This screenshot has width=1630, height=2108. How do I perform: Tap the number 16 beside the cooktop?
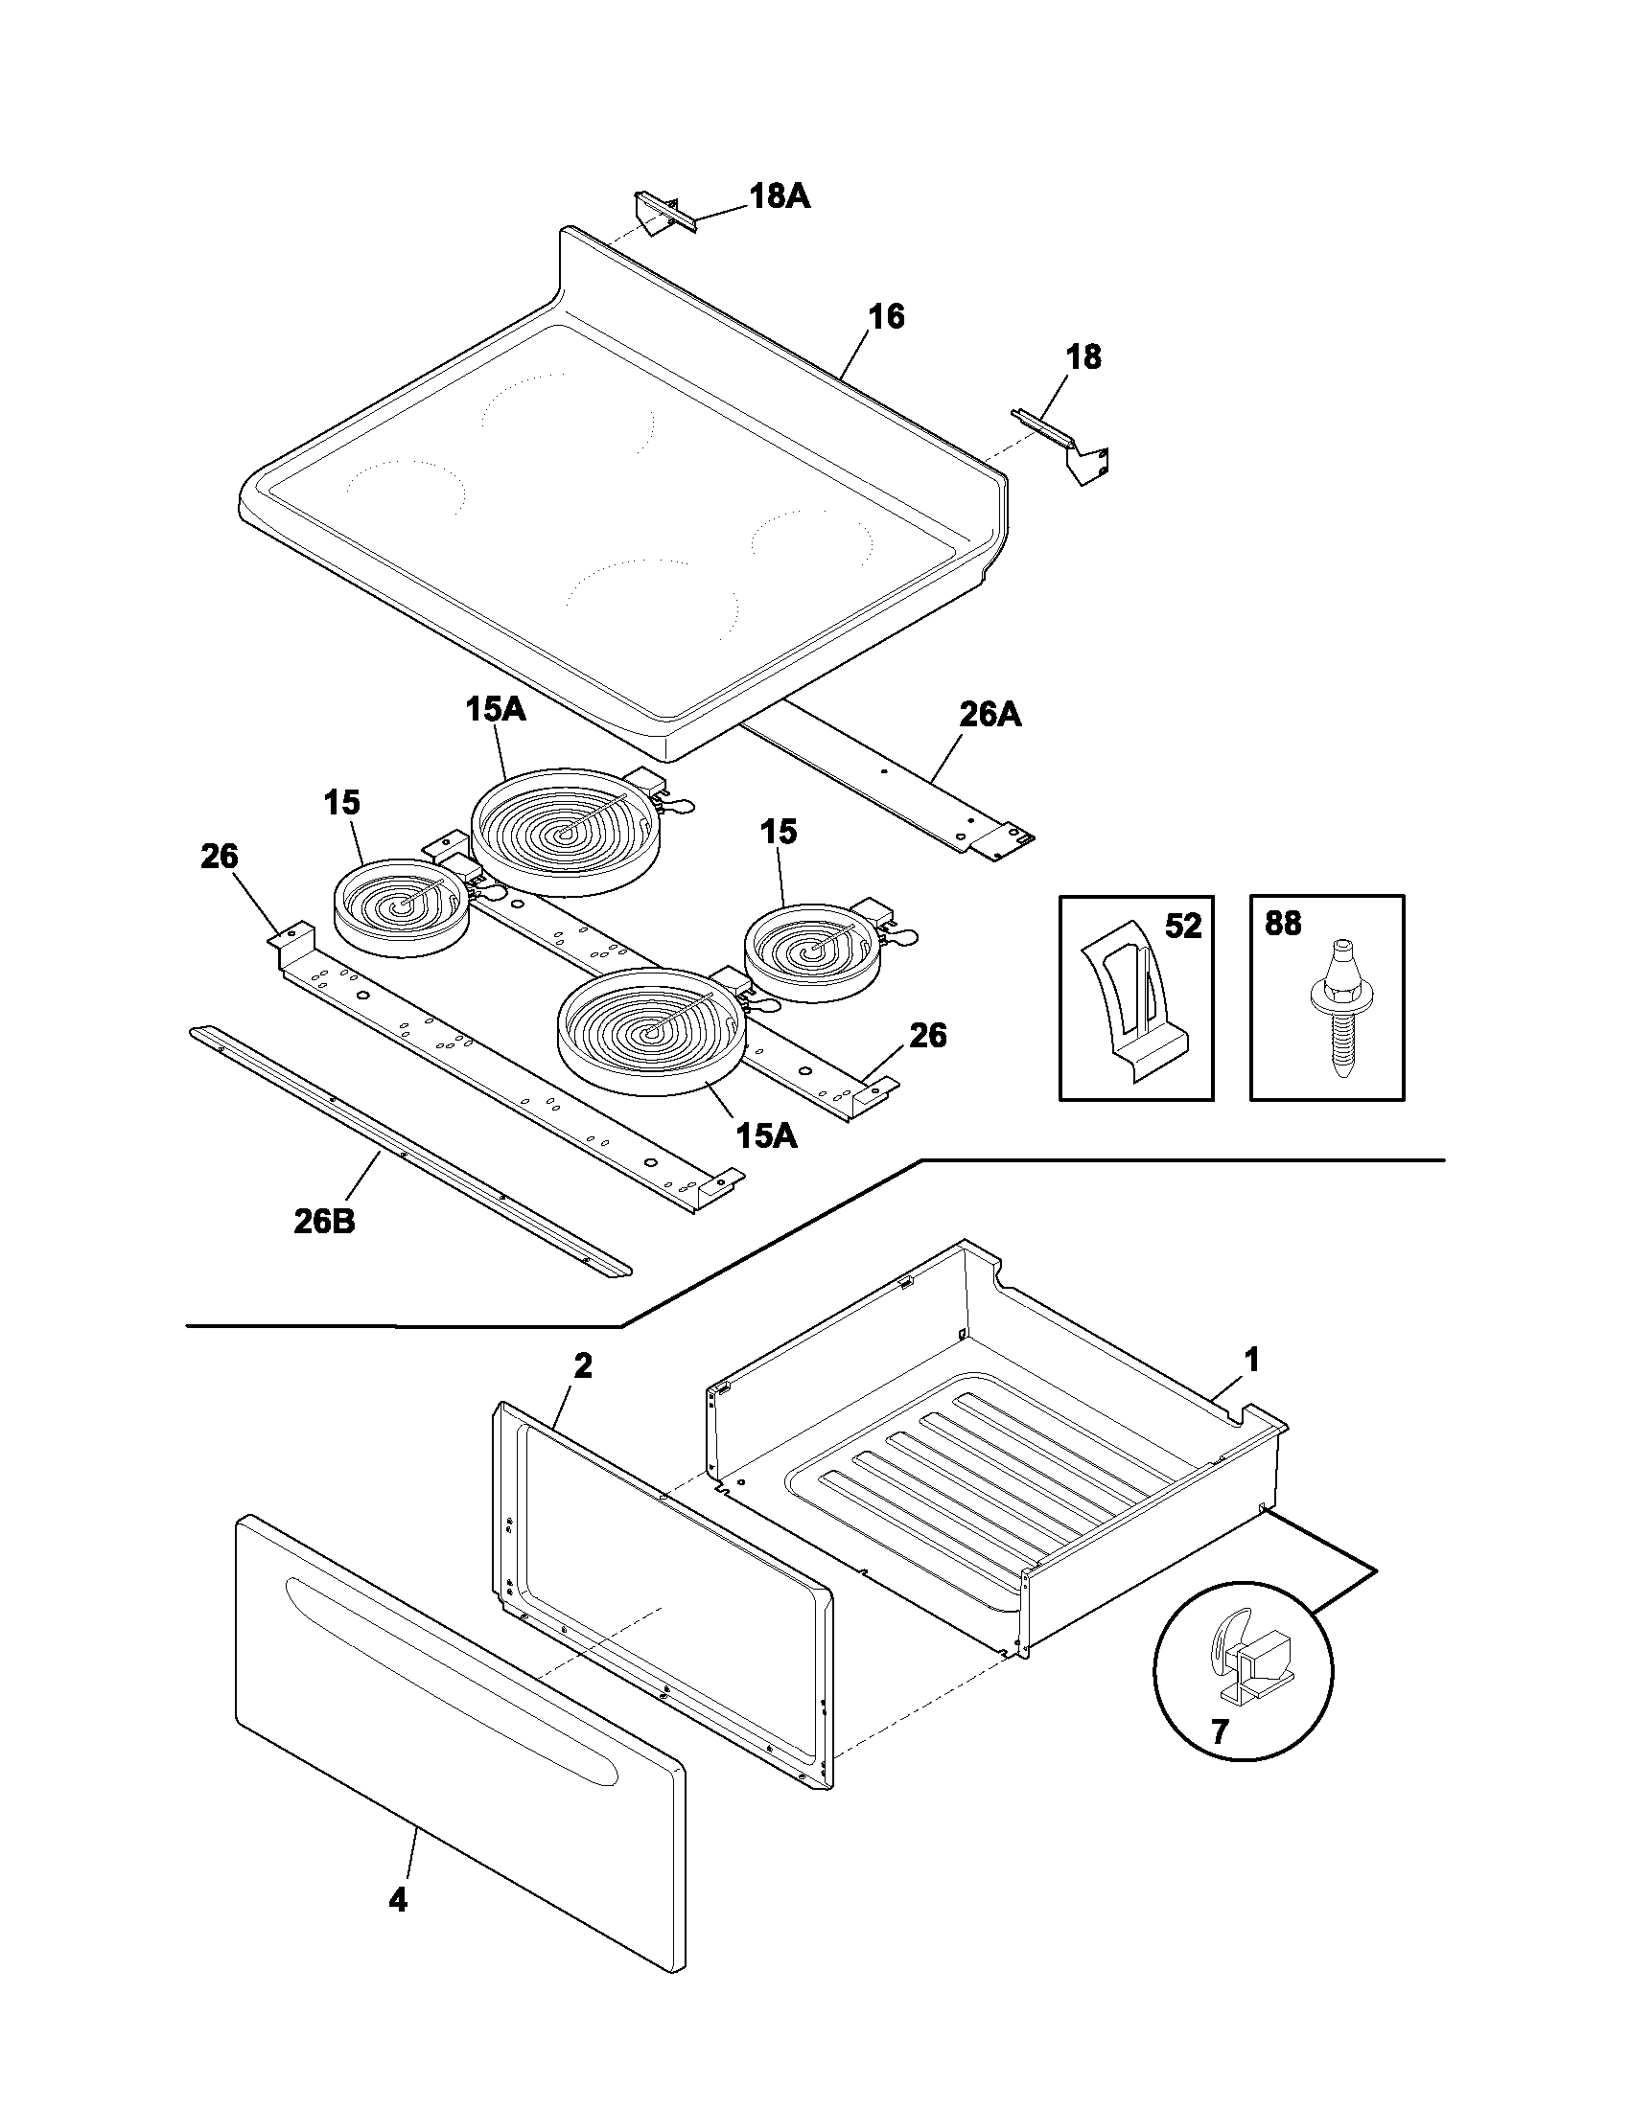[886, 316]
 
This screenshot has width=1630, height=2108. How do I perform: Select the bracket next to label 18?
[1063, 444]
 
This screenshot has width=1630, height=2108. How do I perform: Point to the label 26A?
[990, 715]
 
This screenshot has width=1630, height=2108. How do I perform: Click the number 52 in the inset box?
[1182, 927]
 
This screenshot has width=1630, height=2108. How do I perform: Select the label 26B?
[324, 1221]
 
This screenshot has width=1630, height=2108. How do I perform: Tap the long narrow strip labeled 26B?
[410, 1153]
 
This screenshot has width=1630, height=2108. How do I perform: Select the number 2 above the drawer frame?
[582, 1364]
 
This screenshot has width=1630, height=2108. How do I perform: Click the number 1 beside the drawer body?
[1251, 1362]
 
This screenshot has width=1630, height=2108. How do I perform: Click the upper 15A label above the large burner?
[495, 709]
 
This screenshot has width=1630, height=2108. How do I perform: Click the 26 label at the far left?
[220, 856]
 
